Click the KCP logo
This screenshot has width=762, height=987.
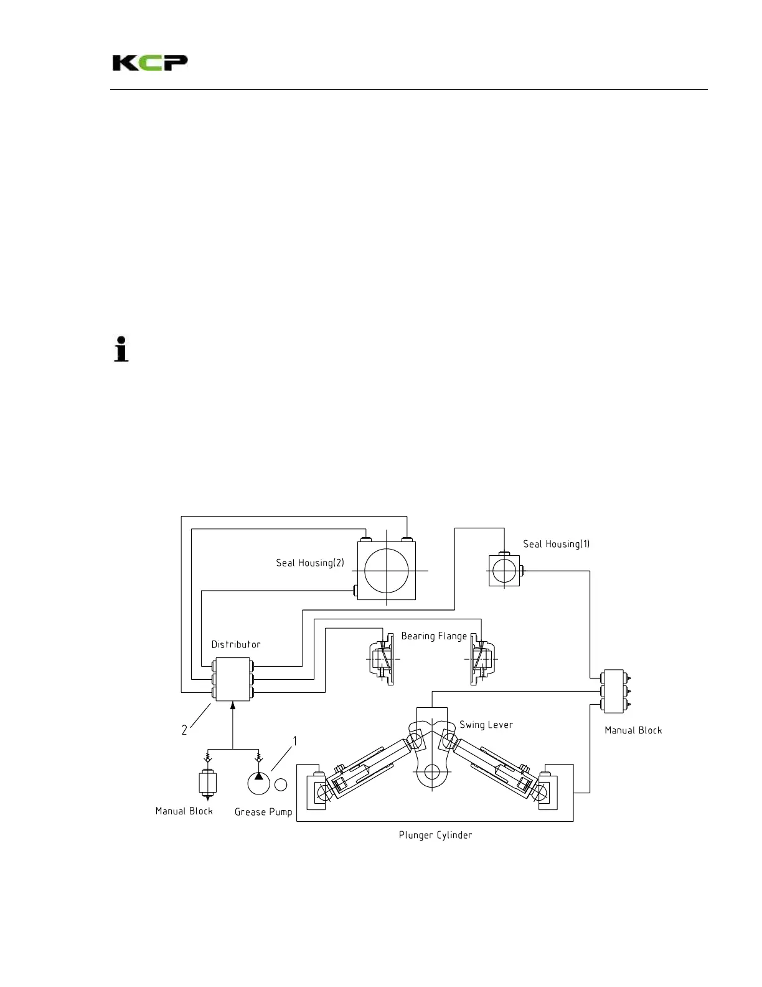(x=150, y=63)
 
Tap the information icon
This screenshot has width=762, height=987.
(x=121, y=349)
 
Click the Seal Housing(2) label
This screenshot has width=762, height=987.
(x=310, y=563)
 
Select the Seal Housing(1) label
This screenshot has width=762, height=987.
(x=556, y=544)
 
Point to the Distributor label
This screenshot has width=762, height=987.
(x=236, y=644)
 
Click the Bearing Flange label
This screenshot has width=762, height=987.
(x=434, y=636)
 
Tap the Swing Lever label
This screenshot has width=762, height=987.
(x=486, y=725)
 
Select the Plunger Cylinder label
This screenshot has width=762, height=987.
(x=435, y=835)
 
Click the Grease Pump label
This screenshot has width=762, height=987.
(x=263, y=812)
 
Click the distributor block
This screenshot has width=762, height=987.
(x=233, y=679)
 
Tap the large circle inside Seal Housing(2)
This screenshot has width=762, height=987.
(x=387, y=571)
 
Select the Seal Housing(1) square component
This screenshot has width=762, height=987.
(x=504, y=571)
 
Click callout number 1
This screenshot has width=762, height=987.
(x=295, y=741)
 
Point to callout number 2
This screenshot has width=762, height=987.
(x=184, y=730)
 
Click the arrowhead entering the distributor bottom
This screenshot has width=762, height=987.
(x=233, y=705)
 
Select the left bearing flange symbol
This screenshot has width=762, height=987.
(x=382, y=659)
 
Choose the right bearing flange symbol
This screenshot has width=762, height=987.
(x=481, y=659)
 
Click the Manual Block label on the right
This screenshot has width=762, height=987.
(x=633, y=730)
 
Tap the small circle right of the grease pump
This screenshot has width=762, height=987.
(x=281, y=784)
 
